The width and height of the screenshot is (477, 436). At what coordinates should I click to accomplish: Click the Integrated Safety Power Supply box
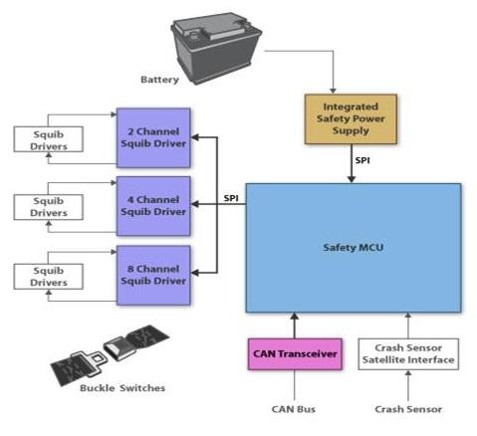[x=351, y=119]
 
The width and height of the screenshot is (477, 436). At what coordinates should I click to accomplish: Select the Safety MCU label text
[x=354, y=248]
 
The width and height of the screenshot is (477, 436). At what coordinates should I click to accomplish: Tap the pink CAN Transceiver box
[x=295, y=354]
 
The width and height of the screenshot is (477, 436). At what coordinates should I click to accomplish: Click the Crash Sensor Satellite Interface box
[x=408, y=354]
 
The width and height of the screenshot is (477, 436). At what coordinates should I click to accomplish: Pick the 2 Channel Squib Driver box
[x=153, y=137]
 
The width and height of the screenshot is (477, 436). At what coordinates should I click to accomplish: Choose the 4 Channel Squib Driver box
[x=153, y=206]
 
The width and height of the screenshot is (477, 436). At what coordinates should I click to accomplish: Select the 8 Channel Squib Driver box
[x=153, y=275]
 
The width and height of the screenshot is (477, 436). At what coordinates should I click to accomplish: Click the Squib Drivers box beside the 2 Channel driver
[x=49, y=139]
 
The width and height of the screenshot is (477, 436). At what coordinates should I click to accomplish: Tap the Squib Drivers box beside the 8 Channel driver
[x=49, y=277]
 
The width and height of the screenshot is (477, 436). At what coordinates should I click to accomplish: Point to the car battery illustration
[x=216, y=48]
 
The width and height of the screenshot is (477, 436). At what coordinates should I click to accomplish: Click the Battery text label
[x=159, y=80]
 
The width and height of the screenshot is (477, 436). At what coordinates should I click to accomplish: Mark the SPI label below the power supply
[x=362, y=160]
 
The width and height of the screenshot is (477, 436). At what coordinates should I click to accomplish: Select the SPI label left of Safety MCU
[x=231, y=198]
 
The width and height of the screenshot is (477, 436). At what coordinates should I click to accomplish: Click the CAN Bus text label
[x=294, y=409]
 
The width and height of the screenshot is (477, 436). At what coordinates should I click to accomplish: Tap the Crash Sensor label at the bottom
[x=408, y=409]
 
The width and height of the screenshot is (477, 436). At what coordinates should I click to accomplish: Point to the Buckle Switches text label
[x=122, y=388]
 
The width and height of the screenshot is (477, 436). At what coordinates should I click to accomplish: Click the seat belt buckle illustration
[x=110, y=354]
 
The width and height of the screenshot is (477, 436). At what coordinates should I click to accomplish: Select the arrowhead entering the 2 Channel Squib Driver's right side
[x=195, y=137]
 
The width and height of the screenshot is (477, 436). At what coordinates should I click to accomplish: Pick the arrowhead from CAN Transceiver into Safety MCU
[x=295, y=317]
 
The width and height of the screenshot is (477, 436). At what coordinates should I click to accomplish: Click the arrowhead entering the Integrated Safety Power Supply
[x=333, y=91]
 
